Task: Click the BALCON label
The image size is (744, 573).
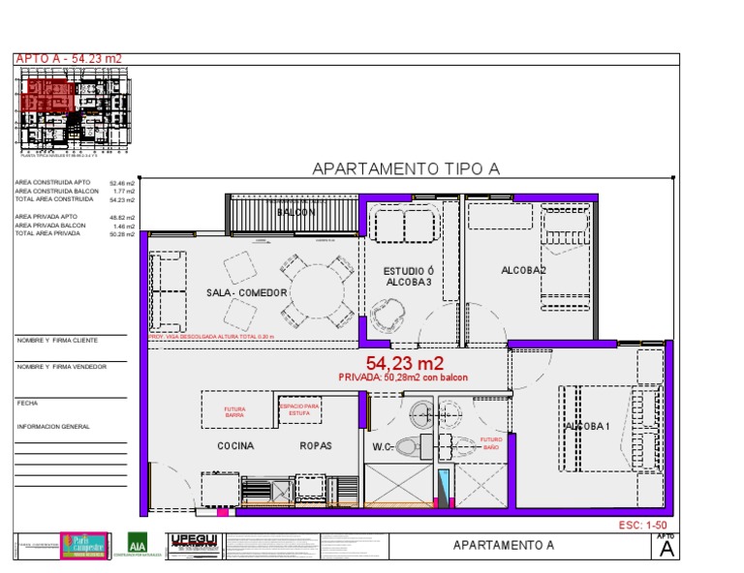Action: [x=296, y=212]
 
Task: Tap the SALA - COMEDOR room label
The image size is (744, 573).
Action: [x=247, y=292]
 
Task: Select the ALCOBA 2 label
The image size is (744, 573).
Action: [x=523, y=270]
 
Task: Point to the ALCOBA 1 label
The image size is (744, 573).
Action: [x=587, y=426]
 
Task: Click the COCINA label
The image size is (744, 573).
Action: [x=235, y=446]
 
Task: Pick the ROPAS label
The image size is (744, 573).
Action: [x=316, y=446]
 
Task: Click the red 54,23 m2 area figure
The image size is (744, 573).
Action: [x=404, y=364]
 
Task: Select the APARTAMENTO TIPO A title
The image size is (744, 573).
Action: [x=405, y=169]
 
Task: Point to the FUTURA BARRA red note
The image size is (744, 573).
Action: [x=234, y=411]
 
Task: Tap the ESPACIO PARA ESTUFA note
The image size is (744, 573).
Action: [x=299, y=409]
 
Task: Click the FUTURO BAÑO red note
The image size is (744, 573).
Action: [x=491, y=443]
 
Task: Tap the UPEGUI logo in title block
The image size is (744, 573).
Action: [x=195, y=544]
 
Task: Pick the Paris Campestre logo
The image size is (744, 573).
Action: [x=82, y=545]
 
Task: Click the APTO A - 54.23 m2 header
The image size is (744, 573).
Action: [x=69, y=59]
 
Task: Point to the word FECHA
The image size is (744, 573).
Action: [x=26, y=403]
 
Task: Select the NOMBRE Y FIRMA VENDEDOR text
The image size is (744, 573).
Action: [x=61, y=367]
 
